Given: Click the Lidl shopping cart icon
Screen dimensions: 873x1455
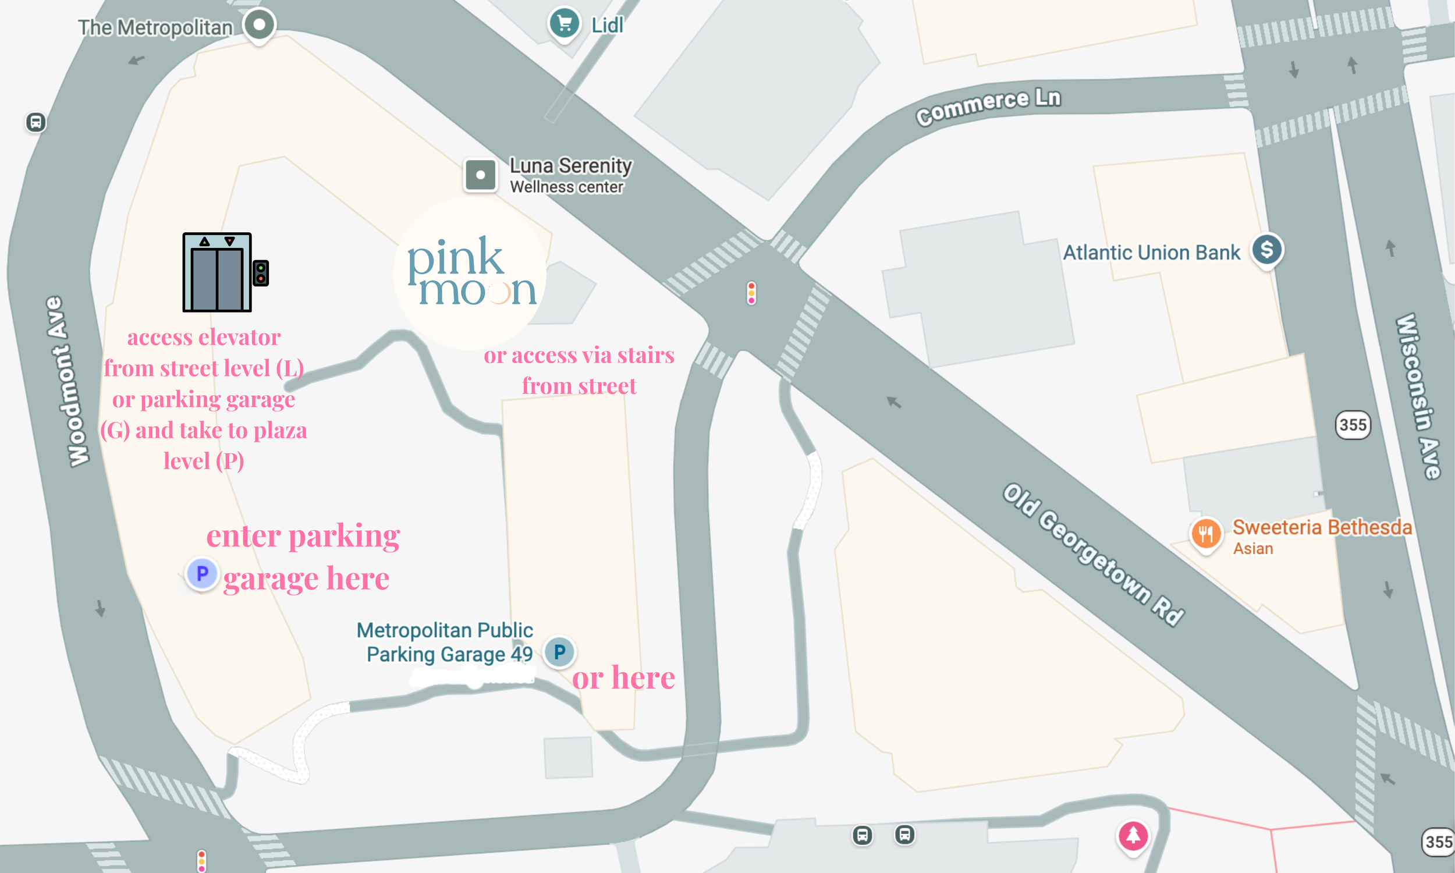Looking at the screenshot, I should [x=564, y=23].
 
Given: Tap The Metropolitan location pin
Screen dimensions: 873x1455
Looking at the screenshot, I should [x=260, y=24].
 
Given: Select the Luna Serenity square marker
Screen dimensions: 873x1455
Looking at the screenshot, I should [x=480, y=175].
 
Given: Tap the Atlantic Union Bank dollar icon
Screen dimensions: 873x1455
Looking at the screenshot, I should [x=1266, y=250].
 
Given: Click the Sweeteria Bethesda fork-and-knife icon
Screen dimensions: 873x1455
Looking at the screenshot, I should [x=1206, y=534].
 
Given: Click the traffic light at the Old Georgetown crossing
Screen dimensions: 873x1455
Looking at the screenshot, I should [x=751, y=293].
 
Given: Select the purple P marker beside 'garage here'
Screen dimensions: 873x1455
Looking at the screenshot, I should [x=202, y=574].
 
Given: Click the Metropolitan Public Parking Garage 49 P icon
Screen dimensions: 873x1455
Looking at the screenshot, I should [x=559, y=651].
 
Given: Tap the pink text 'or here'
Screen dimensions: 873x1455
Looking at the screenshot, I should [x=623, y=677].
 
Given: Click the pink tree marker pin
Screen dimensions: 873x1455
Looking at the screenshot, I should [x=1133, y=835].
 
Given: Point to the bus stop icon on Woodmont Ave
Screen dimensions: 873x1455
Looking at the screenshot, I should [x=36, y=122].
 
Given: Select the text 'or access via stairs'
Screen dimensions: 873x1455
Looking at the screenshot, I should [x=579, y=356].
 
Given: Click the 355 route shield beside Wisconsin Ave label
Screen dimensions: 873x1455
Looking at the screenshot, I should [x=1353, y=425].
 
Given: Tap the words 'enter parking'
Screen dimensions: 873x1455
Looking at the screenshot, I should [x=303, y=536].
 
